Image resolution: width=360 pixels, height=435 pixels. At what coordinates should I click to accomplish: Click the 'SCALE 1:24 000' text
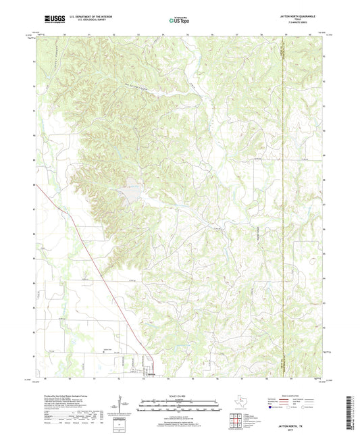pos(180,396)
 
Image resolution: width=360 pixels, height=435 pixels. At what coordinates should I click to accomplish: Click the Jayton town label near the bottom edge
pos(151,374)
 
